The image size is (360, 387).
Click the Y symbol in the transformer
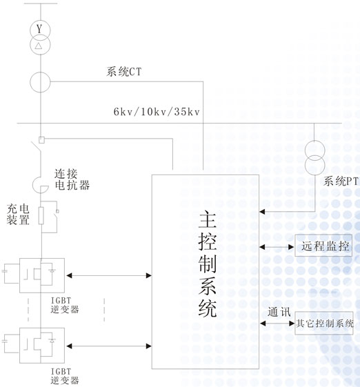pyautogui.click(x=39, y=29)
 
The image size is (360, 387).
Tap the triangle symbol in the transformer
pyautogui.click(x=38, y=46)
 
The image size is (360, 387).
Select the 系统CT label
pyautogui.click(x=124, y=72)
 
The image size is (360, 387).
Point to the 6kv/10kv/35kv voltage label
pyautogui.click(x=157, y=112)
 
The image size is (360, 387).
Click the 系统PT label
pyautogui.click(x=341, y=181)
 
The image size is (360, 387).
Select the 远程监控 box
pyautogui.click(x=323, y=246)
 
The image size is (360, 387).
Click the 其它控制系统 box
pyautogui.click(x=324, y=323)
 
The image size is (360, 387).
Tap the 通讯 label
pyautogui.click(x=279, y=312)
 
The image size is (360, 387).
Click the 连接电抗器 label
pyautogui.click(x=72, y=179)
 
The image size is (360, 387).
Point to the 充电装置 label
pyautogui.click(x=18, y=215)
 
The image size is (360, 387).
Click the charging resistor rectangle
pyautogui.click(x=41, y=216)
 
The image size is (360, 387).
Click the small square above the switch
pyautogui.click(x=41, y=140)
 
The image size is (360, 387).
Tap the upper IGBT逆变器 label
pyautogui.click(x=65, y=305)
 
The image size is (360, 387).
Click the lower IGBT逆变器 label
pyautogui.click(x=65, y=376)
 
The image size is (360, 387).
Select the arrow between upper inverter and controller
pyautogui.click(x=109, y=275)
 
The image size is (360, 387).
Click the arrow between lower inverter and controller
pyautogui.click(x=109, y=346)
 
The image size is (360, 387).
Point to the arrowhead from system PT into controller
pyautogui.click(x=262, y=212)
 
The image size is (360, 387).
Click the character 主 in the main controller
pyautogui.click(x=208, y=219)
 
